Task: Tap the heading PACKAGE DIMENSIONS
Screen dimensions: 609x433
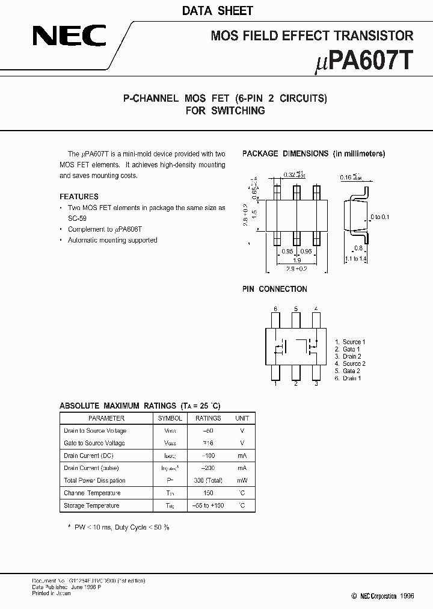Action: (x=285, y=153)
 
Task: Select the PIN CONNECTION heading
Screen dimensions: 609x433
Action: (x=274, y=289)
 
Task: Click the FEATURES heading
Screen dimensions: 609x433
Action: (x=79, y=196)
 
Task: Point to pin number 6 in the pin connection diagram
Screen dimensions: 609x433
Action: (x=275, y=309)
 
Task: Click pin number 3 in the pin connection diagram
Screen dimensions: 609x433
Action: (x=316, y=383)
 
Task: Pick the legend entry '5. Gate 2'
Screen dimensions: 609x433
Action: (x=348, y=371)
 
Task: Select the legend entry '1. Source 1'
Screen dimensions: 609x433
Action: (x=350, y=342)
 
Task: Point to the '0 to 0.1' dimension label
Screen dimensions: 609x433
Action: (x=380, y=217)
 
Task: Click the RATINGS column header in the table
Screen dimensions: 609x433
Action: (x=208, y=418)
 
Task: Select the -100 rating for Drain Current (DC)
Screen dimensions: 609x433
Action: (x=208, y=456)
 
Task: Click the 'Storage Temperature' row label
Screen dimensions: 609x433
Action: (x=91, y=505)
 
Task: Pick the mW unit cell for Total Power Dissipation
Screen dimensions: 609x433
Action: (x=242, y=480)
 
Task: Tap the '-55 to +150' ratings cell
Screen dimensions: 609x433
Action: (x=208, y=505)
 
